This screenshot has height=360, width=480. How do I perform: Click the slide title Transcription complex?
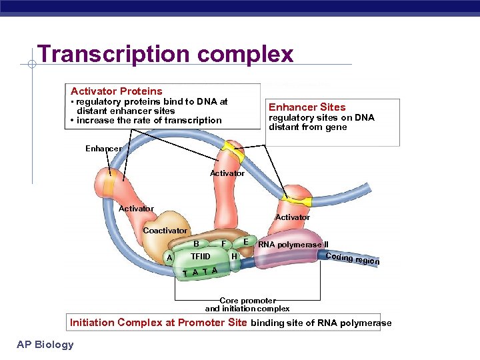(165, 54)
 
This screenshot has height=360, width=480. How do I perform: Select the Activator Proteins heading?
(116, 91)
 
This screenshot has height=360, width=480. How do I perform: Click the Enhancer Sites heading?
(307, 107)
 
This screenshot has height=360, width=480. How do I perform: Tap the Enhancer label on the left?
(103, 148)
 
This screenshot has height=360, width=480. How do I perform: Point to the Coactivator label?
(165, 231)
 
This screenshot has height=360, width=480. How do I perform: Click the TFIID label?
(200, 257)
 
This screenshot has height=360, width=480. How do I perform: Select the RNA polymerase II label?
(293, 245)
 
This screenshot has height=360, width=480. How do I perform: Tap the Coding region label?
(352, 259)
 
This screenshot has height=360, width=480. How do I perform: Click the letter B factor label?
(196, 244)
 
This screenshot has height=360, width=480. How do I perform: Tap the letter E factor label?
(246, 241)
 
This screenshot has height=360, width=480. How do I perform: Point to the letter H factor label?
(233, 256)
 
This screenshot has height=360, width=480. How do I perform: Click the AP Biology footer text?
(46, 344)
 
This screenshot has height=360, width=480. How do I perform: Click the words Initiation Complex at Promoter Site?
(159, 323)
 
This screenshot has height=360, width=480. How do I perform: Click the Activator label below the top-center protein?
(227, 173)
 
